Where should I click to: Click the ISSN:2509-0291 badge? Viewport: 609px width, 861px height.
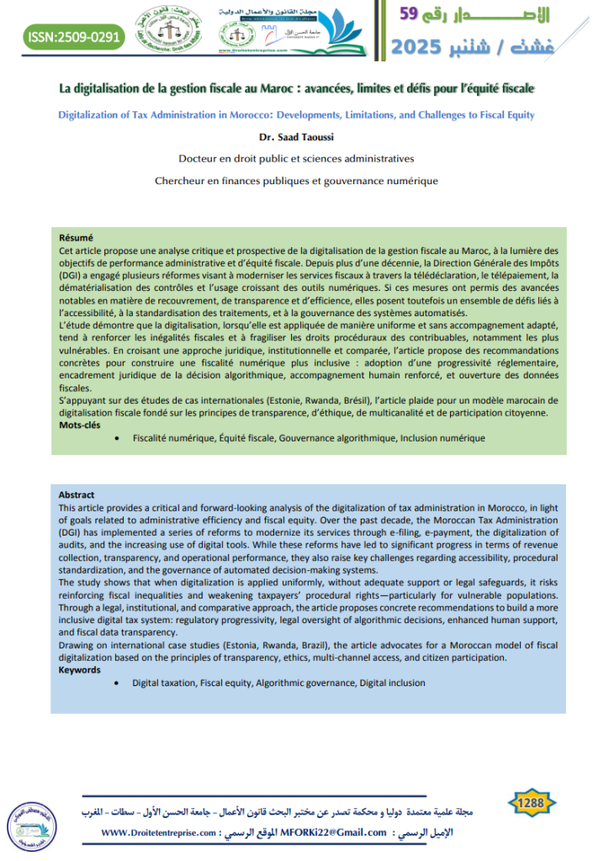click(x=73, y=36)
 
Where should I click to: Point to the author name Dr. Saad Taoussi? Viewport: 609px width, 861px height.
click(x=304, y=137)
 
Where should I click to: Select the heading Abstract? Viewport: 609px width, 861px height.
click(x=77, y=494)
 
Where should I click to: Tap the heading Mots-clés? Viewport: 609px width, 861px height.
click(x=79, y=425)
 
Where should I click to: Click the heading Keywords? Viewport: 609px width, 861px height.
click(x=80, y=669)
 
